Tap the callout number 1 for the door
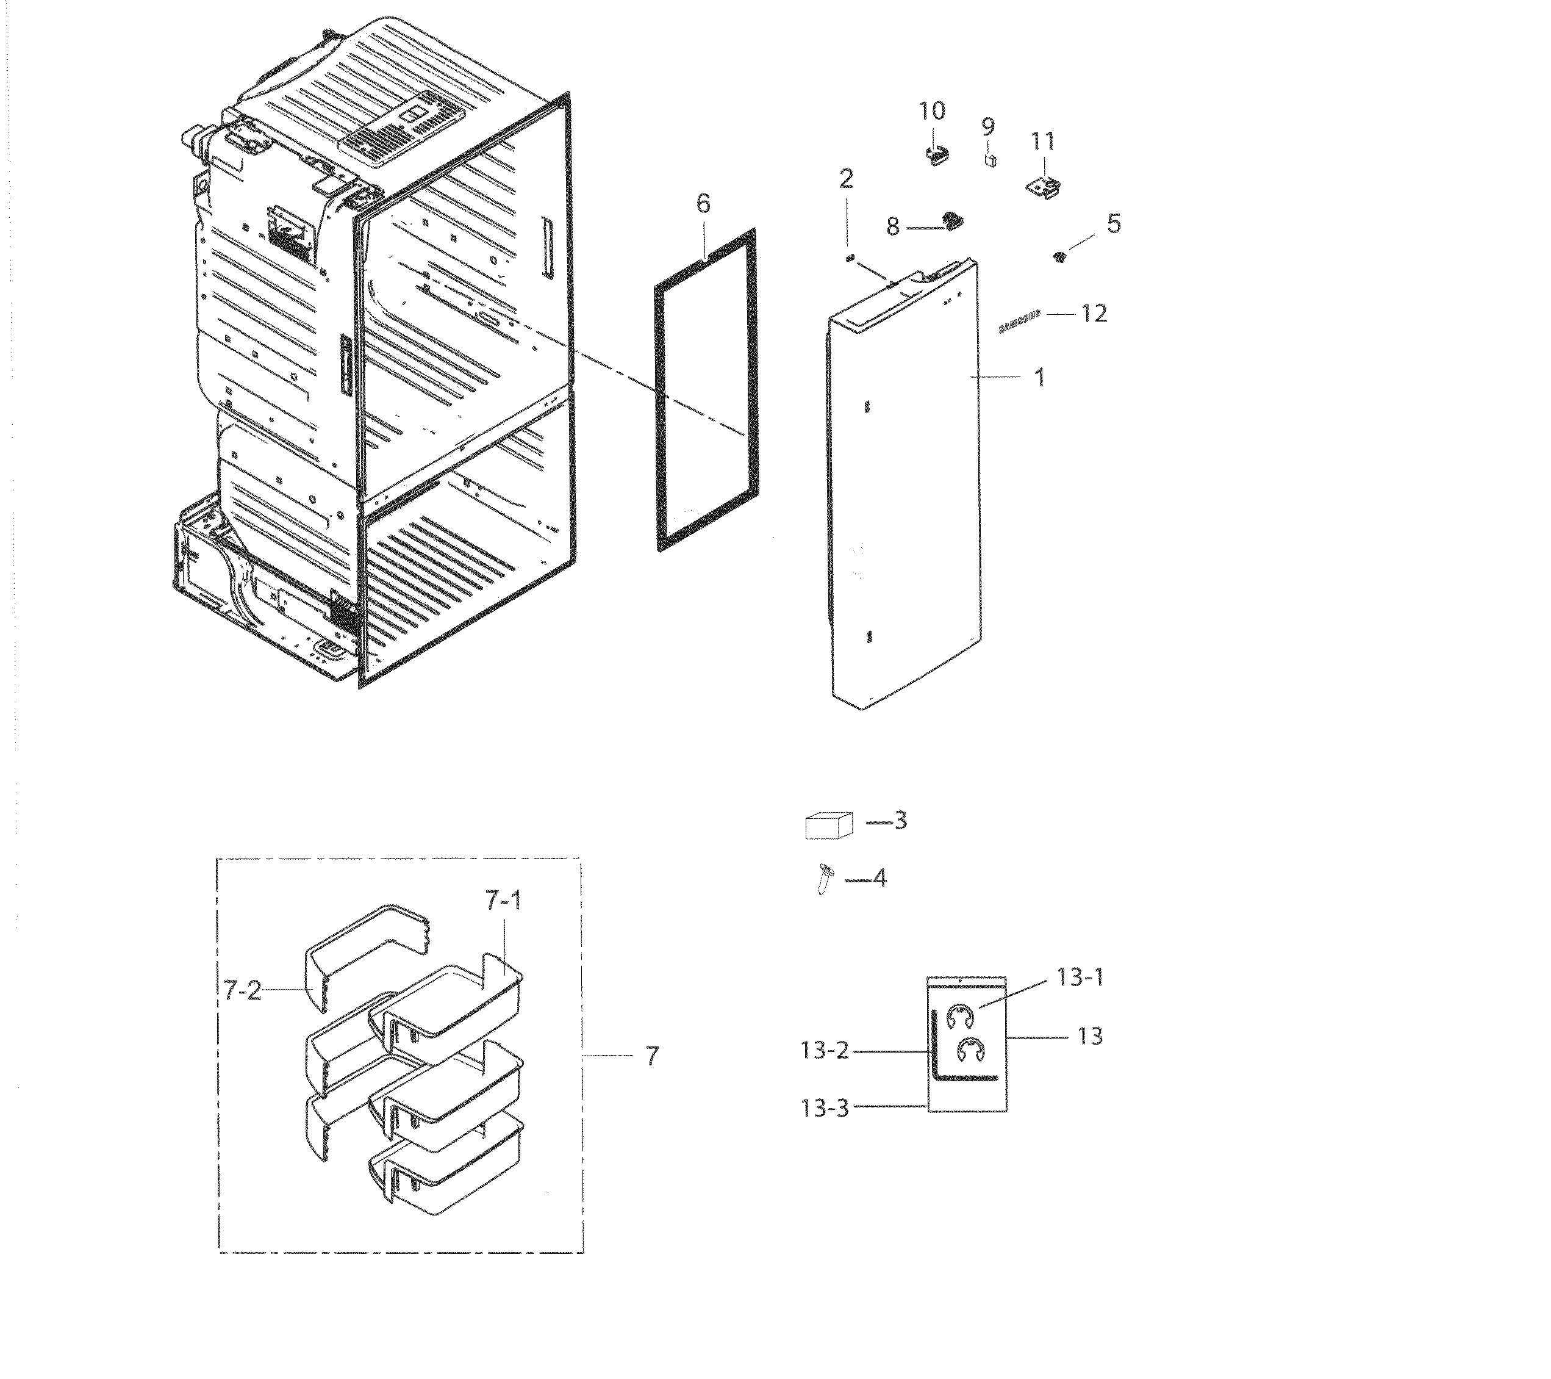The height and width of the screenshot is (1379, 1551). [1039, 377]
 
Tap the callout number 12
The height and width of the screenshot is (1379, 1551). [1094, 314]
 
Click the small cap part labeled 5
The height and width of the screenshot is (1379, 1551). [1060, 257]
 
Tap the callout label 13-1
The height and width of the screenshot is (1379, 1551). [1080, 978]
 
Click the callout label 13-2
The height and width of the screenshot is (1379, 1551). [825, 1052]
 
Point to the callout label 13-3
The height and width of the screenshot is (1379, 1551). [825, 1108]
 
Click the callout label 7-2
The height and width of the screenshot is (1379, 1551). [243, 990]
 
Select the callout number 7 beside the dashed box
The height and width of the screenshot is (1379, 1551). [652, 1056]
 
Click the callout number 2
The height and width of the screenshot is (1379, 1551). [845, 179]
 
